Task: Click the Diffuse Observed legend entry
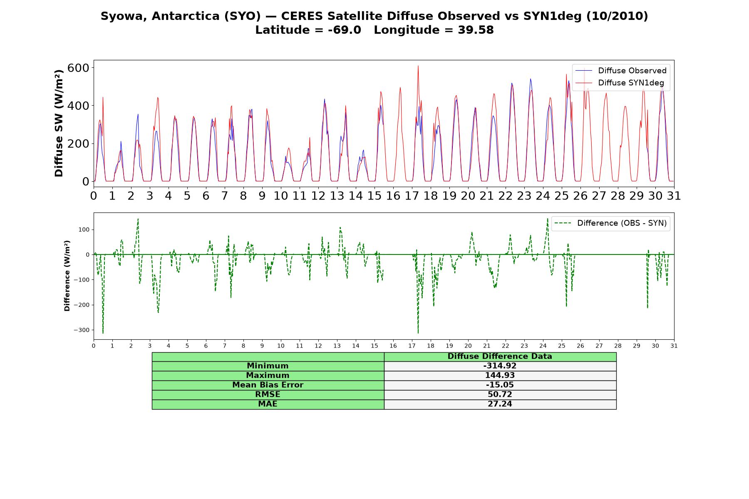point(621,71)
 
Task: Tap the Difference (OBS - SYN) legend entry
point(610,223)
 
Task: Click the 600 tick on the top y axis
point(78,68)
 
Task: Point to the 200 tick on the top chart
point(78,144)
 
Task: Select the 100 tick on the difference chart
point(85,230)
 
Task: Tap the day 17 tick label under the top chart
point(412,195)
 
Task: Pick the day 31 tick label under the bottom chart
point(674,346)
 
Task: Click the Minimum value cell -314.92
point(500,366)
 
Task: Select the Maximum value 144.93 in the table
point(500,375)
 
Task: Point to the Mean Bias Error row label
point(268,385)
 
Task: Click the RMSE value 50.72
point(500,395)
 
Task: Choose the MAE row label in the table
point(268,404)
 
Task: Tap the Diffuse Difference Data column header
point(500,356)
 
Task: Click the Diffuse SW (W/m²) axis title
point(59,123)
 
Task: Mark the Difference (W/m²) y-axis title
point(67,276)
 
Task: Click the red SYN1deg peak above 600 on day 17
point(418,66)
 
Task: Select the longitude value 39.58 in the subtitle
point(476,30)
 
